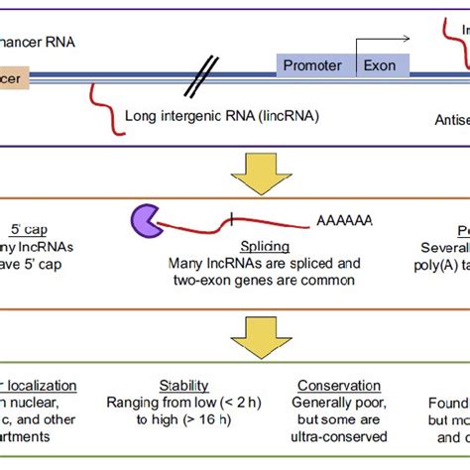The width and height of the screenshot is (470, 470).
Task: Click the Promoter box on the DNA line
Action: click(x=312, y=65)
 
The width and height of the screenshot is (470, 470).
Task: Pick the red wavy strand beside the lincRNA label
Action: click(x=103, y=104)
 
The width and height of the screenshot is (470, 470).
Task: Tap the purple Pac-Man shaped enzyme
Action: click(x=146, y=222)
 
